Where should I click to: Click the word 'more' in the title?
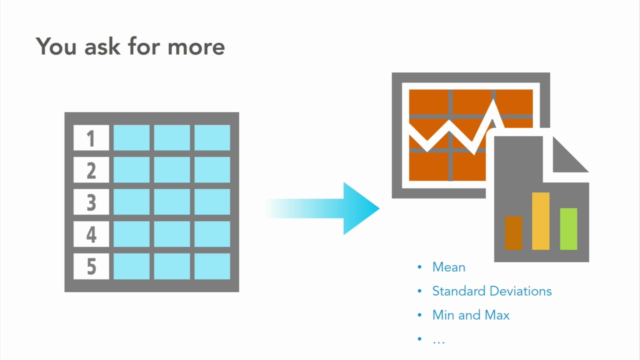point(196,46)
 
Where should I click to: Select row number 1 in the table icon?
point(91,138)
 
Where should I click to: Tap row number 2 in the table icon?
point(91,170)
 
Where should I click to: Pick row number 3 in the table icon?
point(91,202)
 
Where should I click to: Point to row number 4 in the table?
point(91,234)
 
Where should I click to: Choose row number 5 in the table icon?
point(91,266)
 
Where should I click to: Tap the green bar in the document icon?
point(568,229)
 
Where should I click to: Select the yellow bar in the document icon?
point(540,221)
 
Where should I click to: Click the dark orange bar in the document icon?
point(513,233)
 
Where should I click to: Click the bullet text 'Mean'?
point(448,267)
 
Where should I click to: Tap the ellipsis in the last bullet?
point(438,340)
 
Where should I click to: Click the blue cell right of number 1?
point(131,138)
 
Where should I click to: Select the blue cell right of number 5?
point(131,266)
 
